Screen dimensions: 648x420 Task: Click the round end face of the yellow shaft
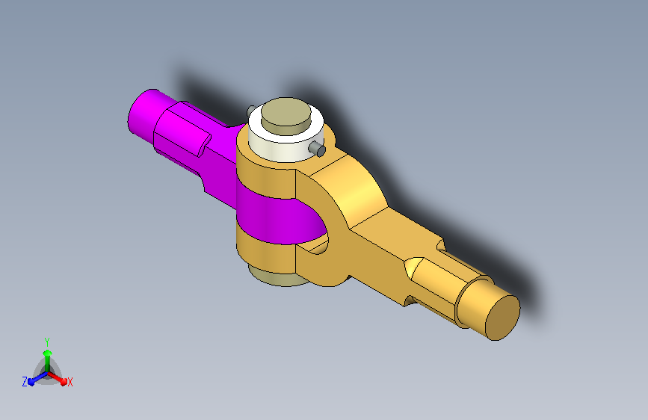pyautogui.click(x=502, y=318)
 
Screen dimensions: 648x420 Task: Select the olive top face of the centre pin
pyautogui.click(x=286, y=111)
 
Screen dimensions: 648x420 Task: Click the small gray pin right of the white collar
pyautogui.click(x=318, y=149)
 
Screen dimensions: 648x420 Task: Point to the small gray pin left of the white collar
pyautogui.click(x=250, y=111)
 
